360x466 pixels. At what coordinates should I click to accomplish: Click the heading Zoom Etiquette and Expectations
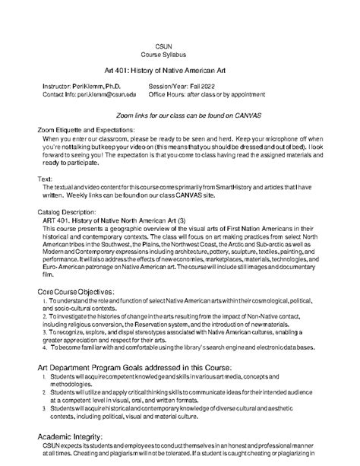click(x=86, y=131)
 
